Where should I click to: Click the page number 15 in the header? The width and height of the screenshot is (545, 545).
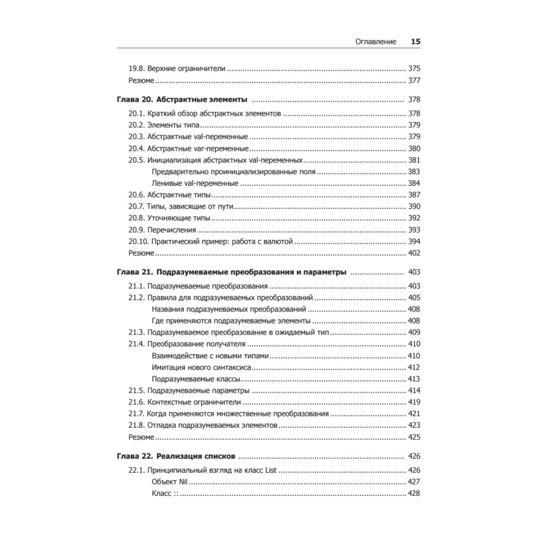416,42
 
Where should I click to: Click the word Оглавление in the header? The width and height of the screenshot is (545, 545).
376,42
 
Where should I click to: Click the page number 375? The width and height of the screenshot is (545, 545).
414,69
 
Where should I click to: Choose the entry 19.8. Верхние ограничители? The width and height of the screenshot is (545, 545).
177,69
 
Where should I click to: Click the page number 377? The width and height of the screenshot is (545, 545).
414,81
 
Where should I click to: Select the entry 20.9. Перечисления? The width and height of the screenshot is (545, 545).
162,230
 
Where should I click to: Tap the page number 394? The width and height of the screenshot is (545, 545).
414,241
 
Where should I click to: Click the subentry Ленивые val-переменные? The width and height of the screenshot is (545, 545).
195,183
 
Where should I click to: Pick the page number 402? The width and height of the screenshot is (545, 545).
414,253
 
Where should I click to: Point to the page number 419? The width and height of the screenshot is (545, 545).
414,402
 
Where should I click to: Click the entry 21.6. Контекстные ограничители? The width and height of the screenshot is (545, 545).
185,402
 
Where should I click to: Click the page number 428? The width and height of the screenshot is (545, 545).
414,493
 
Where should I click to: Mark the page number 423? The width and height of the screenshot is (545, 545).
414,425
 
